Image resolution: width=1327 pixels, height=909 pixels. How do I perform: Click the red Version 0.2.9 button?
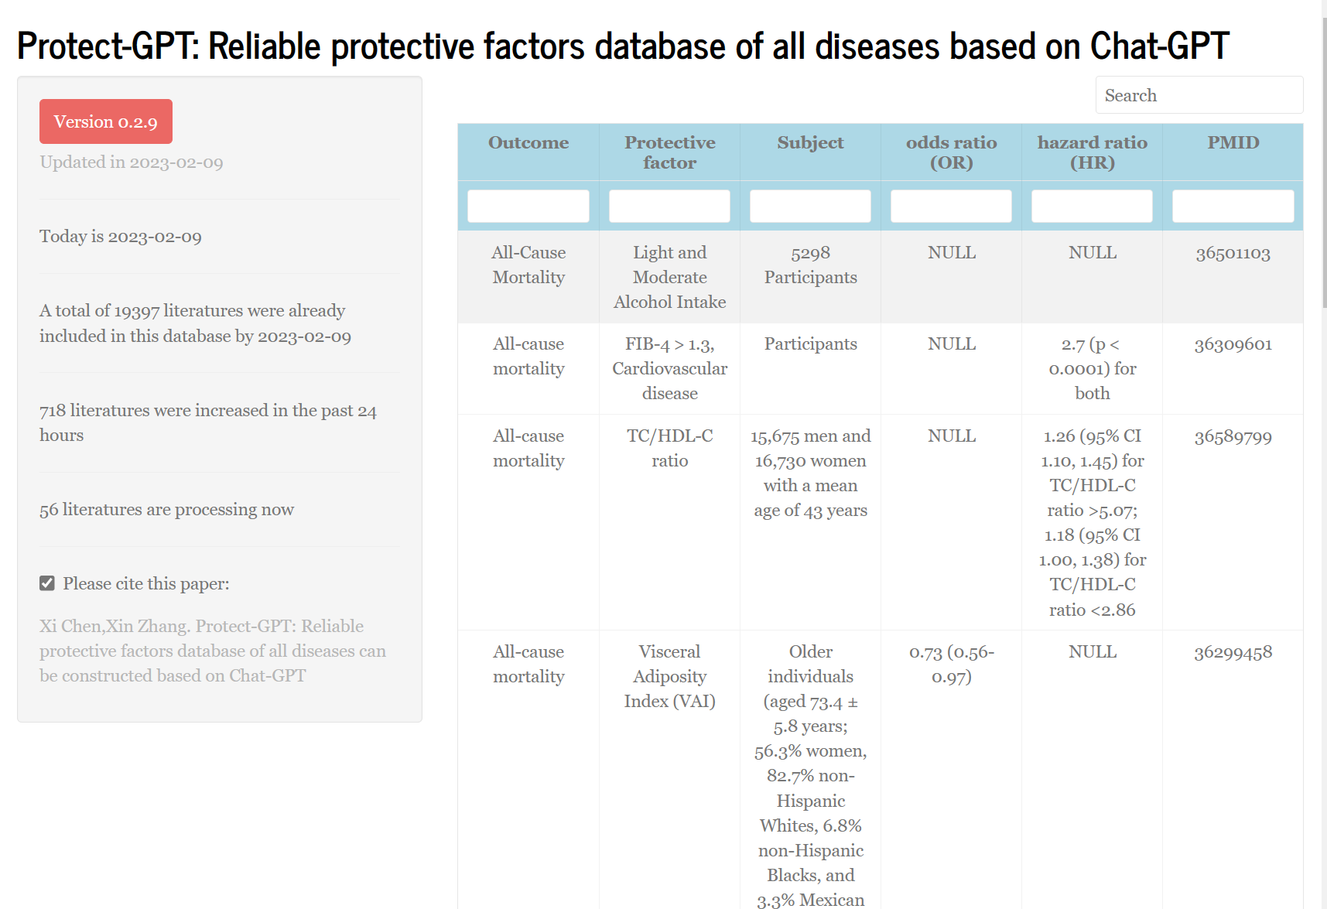click(106, 121)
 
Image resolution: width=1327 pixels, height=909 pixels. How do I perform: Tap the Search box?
click(1199, 95)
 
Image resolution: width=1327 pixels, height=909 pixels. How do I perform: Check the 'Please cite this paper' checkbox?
click(47, 583)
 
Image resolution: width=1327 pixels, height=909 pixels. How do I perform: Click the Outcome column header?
click(528, 143)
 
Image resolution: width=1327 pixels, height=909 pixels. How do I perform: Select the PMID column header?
click(1233, 143)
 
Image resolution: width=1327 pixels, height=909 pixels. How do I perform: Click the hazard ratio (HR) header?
click(1092, 152)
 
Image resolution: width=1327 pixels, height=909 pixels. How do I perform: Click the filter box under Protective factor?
click(669, 207)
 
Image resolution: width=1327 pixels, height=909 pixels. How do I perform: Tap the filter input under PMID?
click(1233, 207)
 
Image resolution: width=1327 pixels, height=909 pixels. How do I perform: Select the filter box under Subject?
click(810, 207)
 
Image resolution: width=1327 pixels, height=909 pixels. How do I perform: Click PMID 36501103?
click(1233, 253)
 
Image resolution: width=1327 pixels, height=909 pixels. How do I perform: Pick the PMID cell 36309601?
click(1233, 344)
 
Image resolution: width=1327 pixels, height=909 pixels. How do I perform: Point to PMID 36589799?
click(1233, 436)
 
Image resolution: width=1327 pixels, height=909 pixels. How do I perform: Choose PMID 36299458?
click(1233, 652)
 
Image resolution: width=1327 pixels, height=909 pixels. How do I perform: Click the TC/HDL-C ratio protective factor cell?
click(669, 448)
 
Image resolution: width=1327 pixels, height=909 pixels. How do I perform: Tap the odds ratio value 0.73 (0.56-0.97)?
click(951, 664)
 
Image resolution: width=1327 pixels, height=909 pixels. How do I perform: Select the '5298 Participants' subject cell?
click(810, 265)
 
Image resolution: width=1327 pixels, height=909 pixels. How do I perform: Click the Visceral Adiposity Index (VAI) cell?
click(669, 676)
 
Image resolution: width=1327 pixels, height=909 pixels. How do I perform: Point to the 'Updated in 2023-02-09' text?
click(132, 162)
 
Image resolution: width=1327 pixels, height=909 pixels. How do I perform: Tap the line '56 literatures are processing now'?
click(166, 509)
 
